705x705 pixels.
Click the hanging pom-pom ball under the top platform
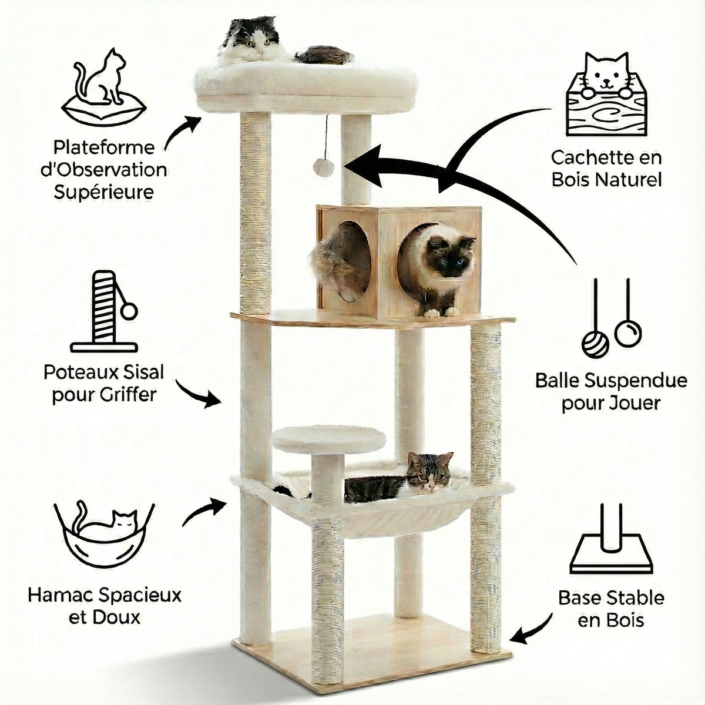[x=324, y=167]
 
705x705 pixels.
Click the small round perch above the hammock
[x=329, y=438]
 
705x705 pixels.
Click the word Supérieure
[x=103, y=192]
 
